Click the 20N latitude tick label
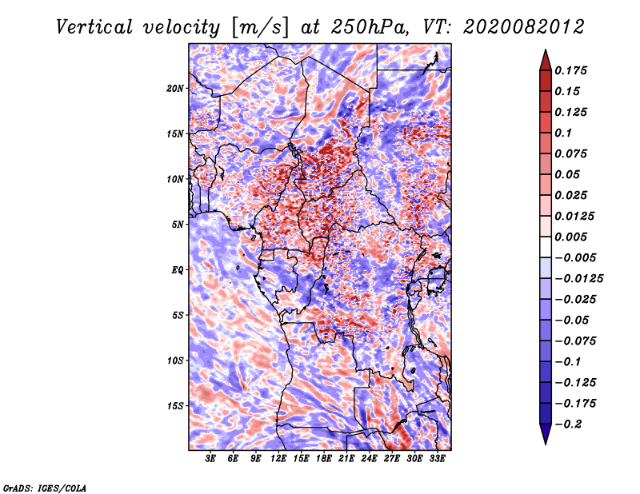coord(175,89)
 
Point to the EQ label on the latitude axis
coord(178,270)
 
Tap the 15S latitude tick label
coord(175,406)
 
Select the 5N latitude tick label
coord(178,225)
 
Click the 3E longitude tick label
coord(210,459)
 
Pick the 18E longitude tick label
coord(324,459)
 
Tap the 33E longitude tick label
coord(437,459)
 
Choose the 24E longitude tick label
coord(369,459)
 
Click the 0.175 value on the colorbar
coord(570,70)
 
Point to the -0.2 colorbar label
coord(568,424)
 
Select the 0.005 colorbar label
coord(570,237)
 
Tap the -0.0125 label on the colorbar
coord(578,279)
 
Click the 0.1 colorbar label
coord(563,133)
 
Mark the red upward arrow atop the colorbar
coord(546,61)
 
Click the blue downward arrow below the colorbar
coord(546,434)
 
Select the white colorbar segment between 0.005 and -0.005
coord(546,247)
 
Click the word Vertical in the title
coord(94,27)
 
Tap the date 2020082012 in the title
coord(524,27)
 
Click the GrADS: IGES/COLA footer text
coord(45,488)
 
